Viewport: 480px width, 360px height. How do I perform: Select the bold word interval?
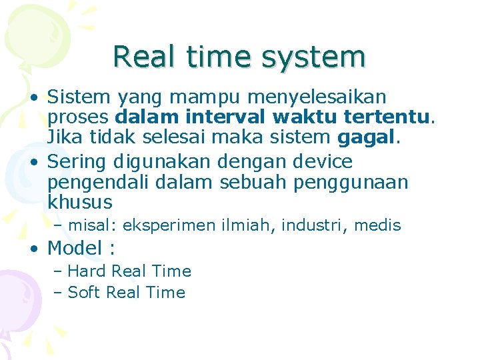227,118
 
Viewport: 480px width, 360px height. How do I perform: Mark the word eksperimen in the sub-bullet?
166,226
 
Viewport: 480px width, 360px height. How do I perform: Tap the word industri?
312,226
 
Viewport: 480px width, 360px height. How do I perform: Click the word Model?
75,248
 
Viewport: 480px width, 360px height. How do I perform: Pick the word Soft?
85,293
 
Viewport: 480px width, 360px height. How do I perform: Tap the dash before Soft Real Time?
58,293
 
